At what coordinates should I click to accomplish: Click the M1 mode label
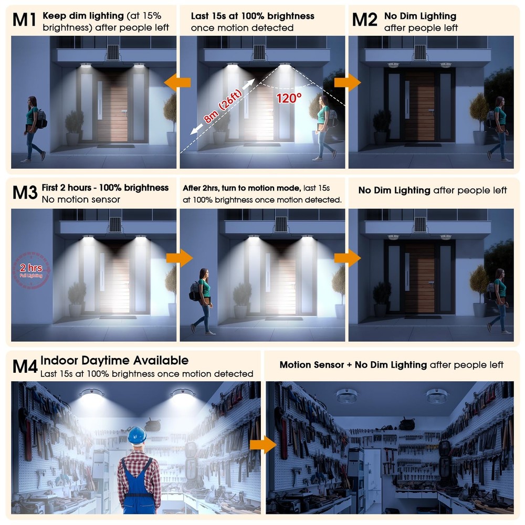pyautogui.click(x=24, y=20)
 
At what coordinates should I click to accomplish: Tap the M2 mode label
pyautogui.click(x=365, y=20)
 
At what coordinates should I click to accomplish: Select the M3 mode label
pyautogui.click(x=24, y=192)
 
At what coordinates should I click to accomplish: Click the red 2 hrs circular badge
pyautogui.click(x=31, y=271)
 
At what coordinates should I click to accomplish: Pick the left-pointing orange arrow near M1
pyautogui.click(x=177, y=82)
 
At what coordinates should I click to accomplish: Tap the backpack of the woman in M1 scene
pyautogui.click(x=41, y=119)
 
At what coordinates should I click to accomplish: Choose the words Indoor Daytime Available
pyautogui.click(x=114, y=361)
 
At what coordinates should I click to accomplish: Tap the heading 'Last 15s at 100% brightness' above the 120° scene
pyautogui.click(x=253, y=16)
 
